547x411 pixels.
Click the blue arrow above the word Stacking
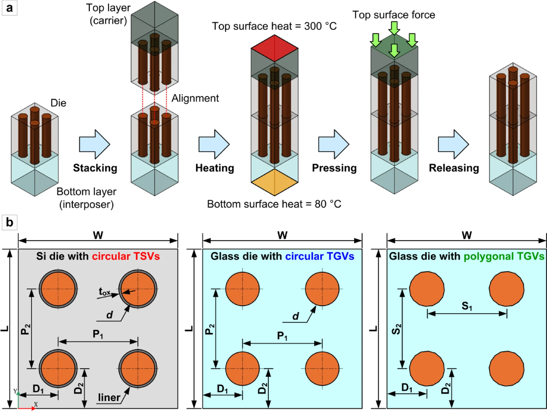(95, 144)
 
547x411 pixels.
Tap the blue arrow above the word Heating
(214, 144)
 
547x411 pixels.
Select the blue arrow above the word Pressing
(334, 144)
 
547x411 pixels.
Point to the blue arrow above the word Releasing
(453, 144)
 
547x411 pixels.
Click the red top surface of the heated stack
(274, 48)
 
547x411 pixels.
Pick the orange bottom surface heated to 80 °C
(274, 182)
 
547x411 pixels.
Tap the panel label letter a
(9, 8)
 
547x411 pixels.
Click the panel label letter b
(9, 222)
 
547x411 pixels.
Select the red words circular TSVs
(126, 256)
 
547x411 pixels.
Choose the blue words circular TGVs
(320, 256)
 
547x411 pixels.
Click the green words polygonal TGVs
(504, 256)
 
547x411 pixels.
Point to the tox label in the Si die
(104, 292)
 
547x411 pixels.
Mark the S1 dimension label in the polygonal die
(467, 306)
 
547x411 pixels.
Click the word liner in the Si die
(109, 397)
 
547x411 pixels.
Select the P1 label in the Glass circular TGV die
(282, 336)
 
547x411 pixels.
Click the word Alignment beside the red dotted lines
(195, 98)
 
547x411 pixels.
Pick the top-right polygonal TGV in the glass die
(507, 289)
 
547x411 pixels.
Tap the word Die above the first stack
(58, 103)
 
